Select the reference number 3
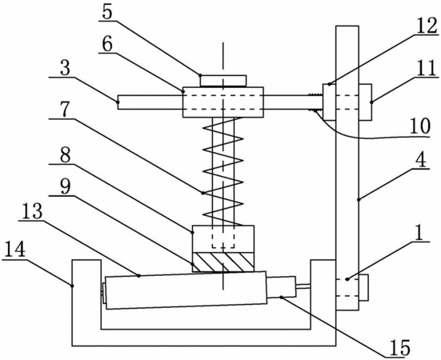pos(65,68)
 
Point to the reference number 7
pos(65,110)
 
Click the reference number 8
pos(66,154)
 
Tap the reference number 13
pos(32,212)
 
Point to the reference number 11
pos(427,68)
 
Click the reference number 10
pos(420,126)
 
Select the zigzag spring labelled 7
pos(223,171)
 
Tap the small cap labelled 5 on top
pos(223,81)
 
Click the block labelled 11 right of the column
pos(365,102)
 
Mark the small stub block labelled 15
pos(281,287)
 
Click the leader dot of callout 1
pos(347,279)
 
